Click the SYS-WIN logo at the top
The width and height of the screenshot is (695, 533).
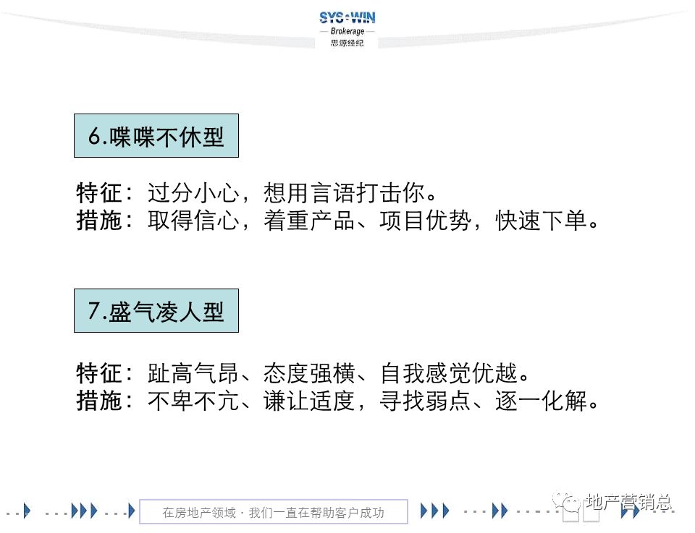347,18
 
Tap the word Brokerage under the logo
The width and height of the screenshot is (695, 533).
347,32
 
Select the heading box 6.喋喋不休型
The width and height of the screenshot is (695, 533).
156,136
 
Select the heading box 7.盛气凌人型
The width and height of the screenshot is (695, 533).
156,311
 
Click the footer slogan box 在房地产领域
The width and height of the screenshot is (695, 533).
274,513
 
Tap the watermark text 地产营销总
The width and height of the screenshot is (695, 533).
628,502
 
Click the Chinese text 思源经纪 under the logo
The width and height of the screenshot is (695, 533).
347,43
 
